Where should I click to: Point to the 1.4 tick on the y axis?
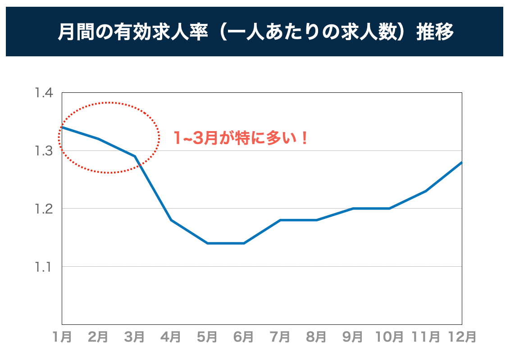pyautogui.click(x=44, y=93)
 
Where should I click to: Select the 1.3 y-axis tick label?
pyautogui.click(x=44, y=151)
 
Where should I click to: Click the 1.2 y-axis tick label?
pyautogui.click(x=44, y=209)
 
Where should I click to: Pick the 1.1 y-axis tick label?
pyautogui.click(x=44, y=267)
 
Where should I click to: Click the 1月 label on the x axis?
pyautogui.click(x=62, y=337)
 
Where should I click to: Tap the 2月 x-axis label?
pyautogui.click(x=98, y=337)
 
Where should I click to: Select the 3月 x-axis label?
pyautogui.click(x=135, y=337)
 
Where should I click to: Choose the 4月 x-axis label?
pyautogui.click(x=171, y=337)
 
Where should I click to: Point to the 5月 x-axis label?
pyautogui.click(x=207, y=337)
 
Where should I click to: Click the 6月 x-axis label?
pyautogui.click(x=244, y=337)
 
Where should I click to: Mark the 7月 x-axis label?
pyautogui.click(x=280, y=337)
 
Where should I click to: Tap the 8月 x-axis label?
pyautogui.click(x=317, y=337)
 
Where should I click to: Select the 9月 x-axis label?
pyautogui.click(x=353, y=337)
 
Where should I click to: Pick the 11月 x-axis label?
pyautogui.click(x=426, y=337)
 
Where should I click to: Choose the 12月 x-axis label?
pyautogui.click(x=460, y=337)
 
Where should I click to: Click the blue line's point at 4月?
pyautogui.click(x=171, y=220)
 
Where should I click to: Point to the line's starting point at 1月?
pyautogui.click(x=62, y=128)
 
